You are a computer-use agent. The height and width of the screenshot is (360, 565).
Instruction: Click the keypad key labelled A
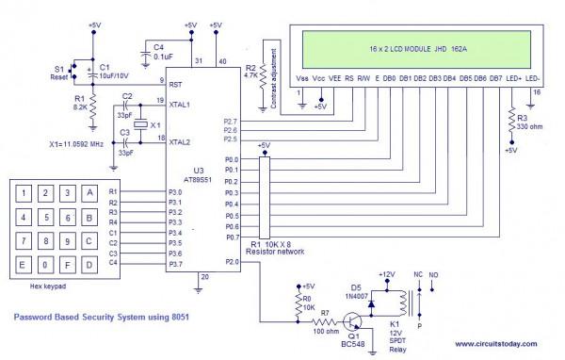click(x=89, y=192)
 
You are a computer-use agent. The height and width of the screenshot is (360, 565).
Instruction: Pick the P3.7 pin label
click(x=175, y=264)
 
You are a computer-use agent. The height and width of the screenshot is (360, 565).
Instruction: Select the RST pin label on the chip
click(x=175, y=83)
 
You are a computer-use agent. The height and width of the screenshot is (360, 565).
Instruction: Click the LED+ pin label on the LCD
click(x=513, y=78)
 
